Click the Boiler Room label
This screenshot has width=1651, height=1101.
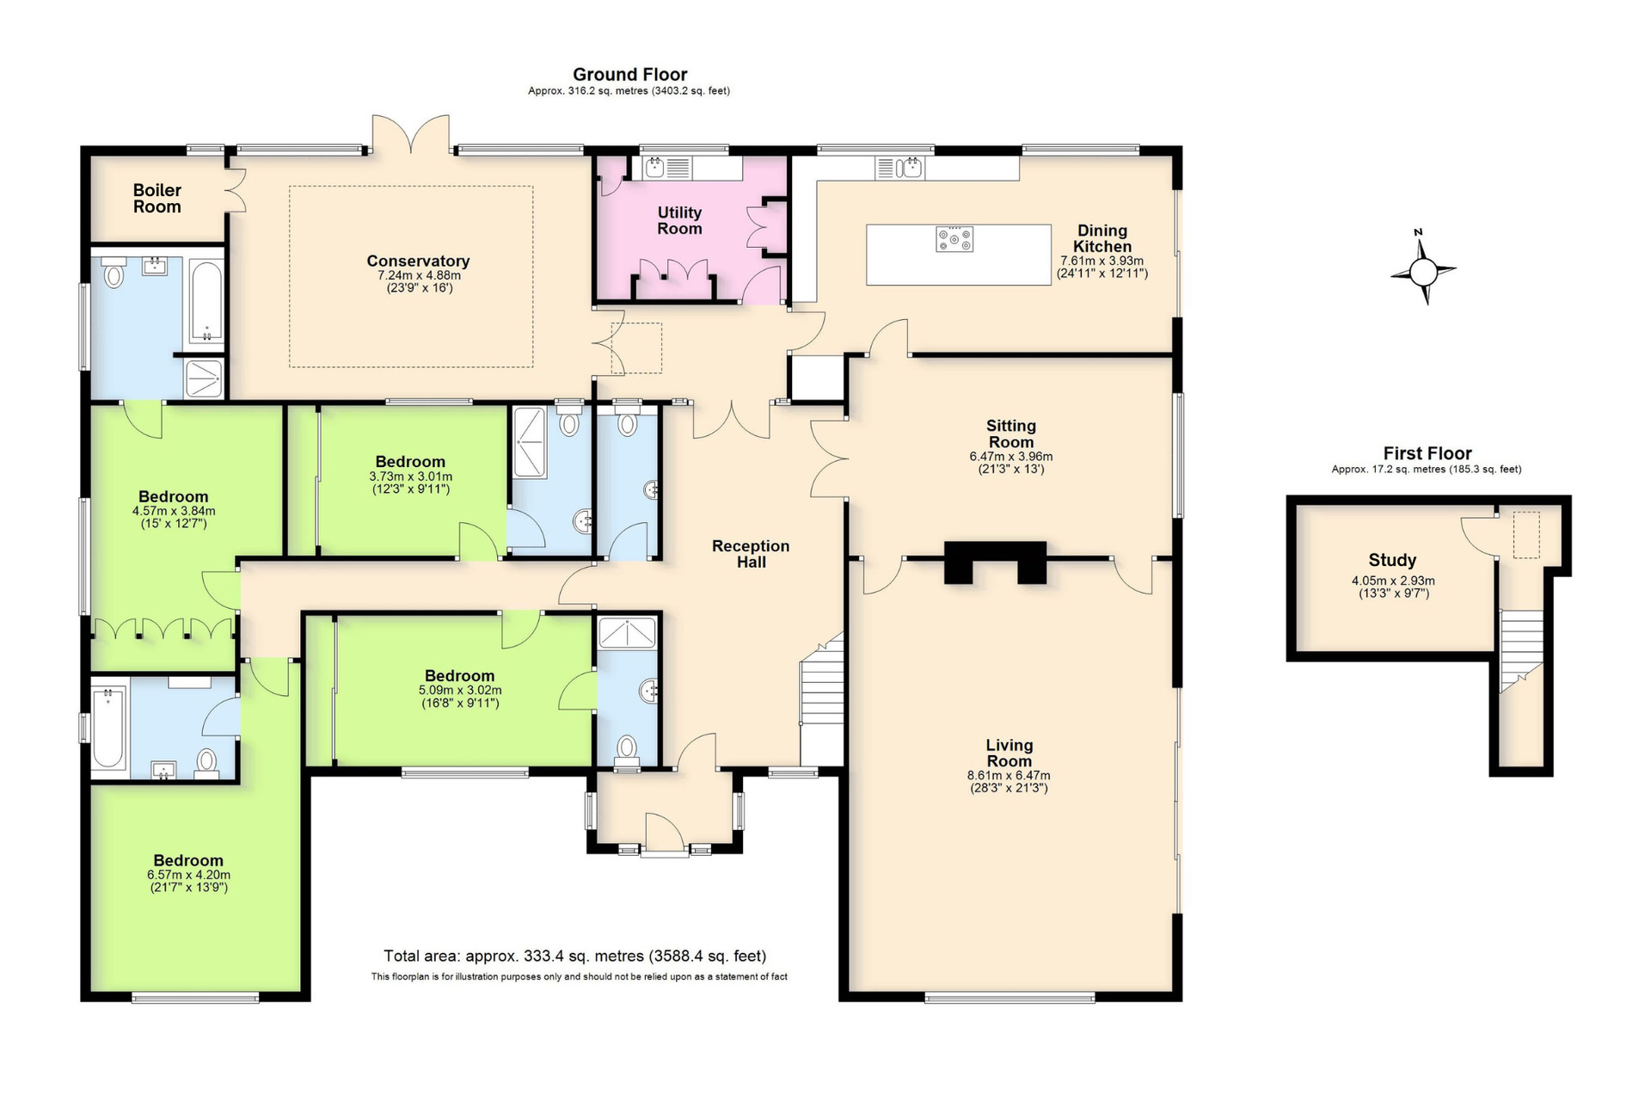(x=157, y=199)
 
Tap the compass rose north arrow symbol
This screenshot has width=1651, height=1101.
(x=1423, y=268)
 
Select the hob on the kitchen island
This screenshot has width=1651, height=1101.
(x=954, y=239)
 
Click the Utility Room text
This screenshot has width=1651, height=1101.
(x=679, y=221)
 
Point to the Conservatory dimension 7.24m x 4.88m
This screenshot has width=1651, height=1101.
(x=419, y=275)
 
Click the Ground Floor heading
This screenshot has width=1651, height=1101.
(x=629, y=75)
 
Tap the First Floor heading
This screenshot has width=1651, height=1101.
(x=1427, y=453)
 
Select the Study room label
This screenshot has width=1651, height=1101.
(x=1392, y=561)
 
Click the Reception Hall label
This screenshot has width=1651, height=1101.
(x=751, y=554)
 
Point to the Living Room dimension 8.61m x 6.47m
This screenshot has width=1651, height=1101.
(x=1009, y=775)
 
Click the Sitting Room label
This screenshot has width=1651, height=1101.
(x=1011, y=434)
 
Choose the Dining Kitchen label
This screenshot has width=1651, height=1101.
(x=1102, y=238)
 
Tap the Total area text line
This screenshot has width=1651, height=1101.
(x=574, y=956)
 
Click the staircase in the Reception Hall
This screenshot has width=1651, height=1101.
(x=822, y=700)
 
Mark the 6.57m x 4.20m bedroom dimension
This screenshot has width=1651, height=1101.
(x=188, y=875)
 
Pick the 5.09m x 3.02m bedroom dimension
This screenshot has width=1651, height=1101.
(x=460, y=690)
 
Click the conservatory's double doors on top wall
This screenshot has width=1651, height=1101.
(x=411, y=134)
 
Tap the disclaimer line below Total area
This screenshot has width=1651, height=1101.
(x=579, y=976)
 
